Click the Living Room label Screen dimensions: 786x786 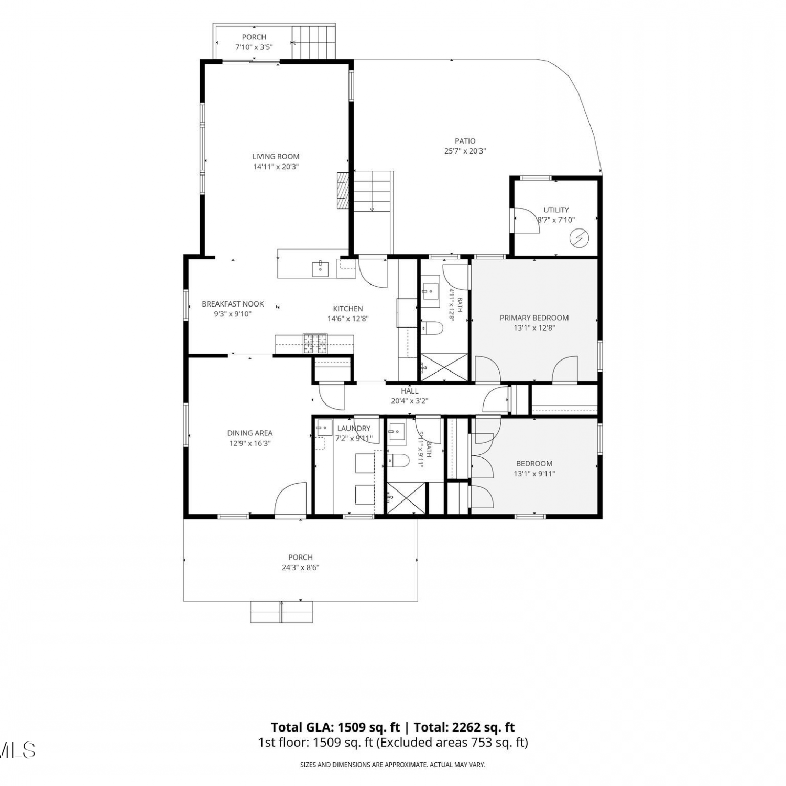276,156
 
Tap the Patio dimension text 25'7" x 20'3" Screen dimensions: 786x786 465,151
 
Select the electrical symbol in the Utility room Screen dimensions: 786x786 580,239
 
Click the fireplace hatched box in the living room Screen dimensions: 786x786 343,191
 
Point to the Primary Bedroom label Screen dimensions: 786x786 534,318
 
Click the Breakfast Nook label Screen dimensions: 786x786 233,304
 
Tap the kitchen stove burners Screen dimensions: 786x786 315,343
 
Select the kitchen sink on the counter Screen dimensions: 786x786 320,268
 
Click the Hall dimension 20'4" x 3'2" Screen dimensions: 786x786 410,401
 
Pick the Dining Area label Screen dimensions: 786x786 250,433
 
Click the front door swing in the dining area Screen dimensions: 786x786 290,498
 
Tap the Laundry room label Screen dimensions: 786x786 354,428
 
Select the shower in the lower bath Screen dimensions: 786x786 406,497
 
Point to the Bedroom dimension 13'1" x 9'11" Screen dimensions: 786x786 534,474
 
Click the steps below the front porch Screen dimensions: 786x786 281,612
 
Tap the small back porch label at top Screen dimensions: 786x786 254,37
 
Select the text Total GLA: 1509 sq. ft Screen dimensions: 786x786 335,727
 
